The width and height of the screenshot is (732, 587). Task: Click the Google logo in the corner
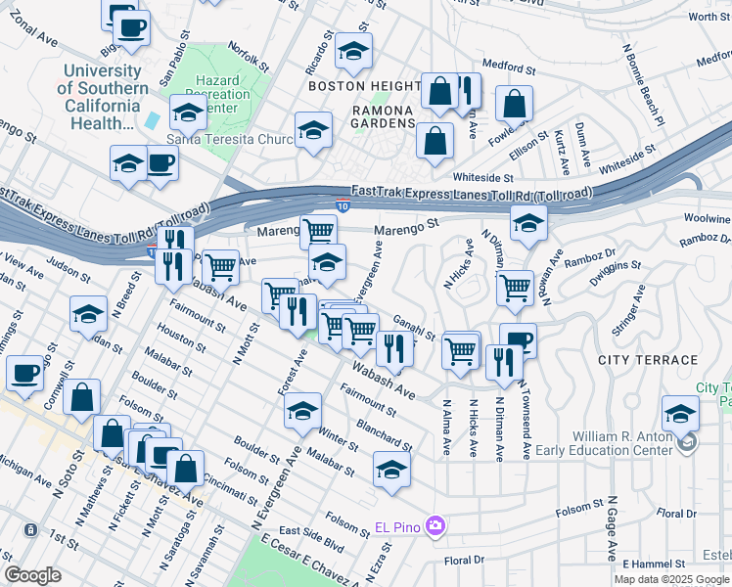click(x=32, y=575)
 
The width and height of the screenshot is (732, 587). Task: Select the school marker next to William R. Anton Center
click(x=680, y=412)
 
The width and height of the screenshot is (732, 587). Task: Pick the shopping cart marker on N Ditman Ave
click(x=515, y=288)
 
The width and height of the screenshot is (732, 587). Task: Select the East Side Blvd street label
click(x=311, y=530)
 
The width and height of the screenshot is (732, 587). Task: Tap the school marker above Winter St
click(x=303, y=410)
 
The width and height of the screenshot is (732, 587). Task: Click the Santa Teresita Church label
click(x=231, y=139)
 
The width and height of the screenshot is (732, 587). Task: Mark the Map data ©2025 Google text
click(x=671, y=579)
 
